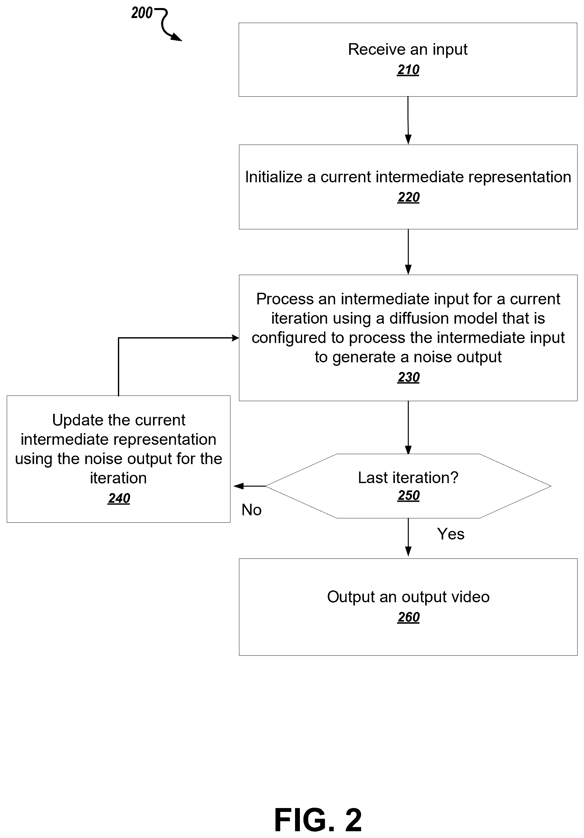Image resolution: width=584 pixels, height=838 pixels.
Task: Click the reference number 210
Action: point(408,70)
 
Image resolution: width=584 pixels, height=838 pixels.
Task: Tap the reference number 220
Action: point(408,197)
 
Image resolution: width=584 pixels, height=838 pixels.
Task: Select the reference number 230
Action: point(408,377)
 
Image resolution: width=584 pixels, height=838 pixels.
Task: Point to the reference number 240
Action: point(119,498)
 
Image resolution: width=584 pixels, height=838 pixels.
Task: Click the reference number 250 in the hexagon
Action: point(408,495)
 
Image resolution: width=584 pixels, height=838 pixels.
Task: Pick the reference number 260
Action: point(408,617)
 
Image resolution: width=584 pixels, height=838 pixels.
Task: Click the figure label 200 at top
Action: point(142,13)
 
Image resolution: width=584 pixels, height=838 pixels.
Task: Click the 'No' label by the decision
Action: point(252,510)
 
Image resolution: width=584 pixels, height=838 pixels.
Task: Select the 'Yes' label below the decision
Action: point(451,534)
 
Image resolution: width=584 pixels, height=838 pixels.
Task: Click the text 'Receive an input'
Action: point(408,49)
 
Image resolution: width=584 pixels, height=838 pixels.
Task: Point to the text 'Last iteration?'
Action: point(408,477)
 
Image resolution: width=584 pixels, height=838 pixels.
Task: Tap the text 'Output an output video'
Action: point(408,597)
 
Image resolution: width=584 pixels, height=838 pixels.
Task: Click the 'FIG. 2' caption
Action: point(318,820)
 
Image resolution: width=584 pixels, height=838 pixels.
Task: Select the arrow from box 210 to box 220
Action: point(408,120)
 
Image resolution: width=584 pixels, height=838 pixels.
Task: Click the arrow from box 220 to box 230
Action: point(408,252)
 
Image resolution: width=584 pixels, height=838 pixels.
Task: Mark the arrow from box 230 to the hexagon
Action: point(408,427)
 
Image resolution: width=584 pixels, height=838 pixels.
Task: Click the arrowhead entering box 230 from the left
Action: point(235,338)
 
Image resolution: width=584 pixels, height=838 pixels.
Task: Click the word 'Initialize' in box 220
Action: point(274,177)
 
